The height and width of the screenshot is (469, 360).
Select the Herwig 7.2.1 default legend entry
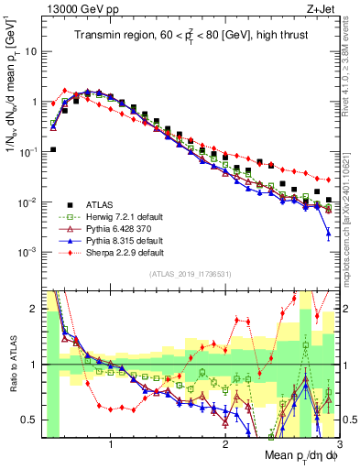(113, 216)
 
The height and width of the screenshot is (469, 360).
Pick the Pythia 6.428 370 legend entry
(111, 228)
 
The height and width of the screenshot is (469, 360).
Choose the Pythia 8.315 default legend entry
(114, 240)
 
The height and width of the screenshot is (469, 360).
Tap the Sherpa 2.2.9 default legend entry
(114, 252)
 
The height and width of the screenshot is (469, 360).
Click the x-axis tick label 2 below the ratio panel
(225, 444)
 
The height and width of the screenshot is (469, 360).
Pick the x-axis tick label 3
(338, 444)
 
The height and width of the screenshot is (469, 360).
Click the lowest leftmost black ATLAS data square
(53, 149)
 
